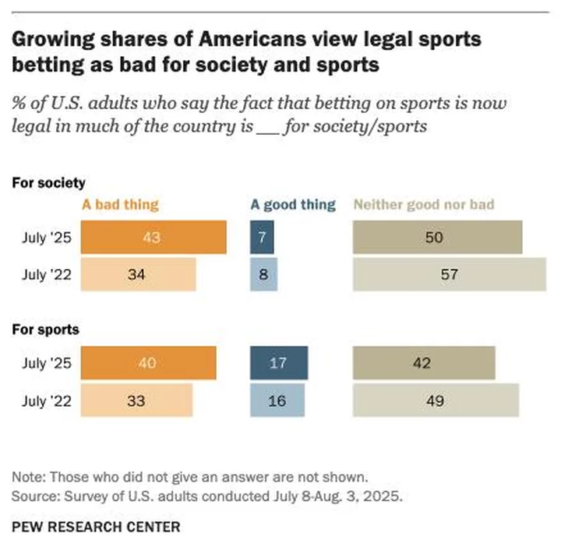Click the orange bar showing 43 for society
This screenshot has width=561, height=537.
(153, 238)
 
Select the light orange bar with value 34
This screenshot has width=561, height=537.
(139, 274)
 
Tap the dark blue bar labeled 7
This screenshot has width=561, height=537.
(263, 238)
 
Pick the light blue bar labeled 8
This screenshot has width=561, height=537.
(263, 274)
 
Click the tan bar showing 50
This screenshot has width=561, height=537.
(438, 238)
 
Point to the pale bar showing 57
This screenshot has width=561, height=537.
(450, 274)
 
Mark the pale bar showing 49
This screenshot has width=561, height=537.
(436, 401)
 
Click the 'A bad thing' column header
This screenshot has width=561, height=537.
(120, 205)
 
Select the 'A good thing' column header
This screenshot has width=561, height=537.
(292, 205)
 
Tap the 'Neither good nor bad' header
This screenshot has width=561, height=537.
(424, 205)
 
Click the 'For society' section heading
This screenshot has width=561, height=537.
(48, 183)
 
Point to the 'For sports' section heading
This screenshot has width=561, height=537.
(45, 329)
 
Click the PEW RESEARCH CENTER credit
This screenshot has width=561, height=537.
(96, 526)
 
